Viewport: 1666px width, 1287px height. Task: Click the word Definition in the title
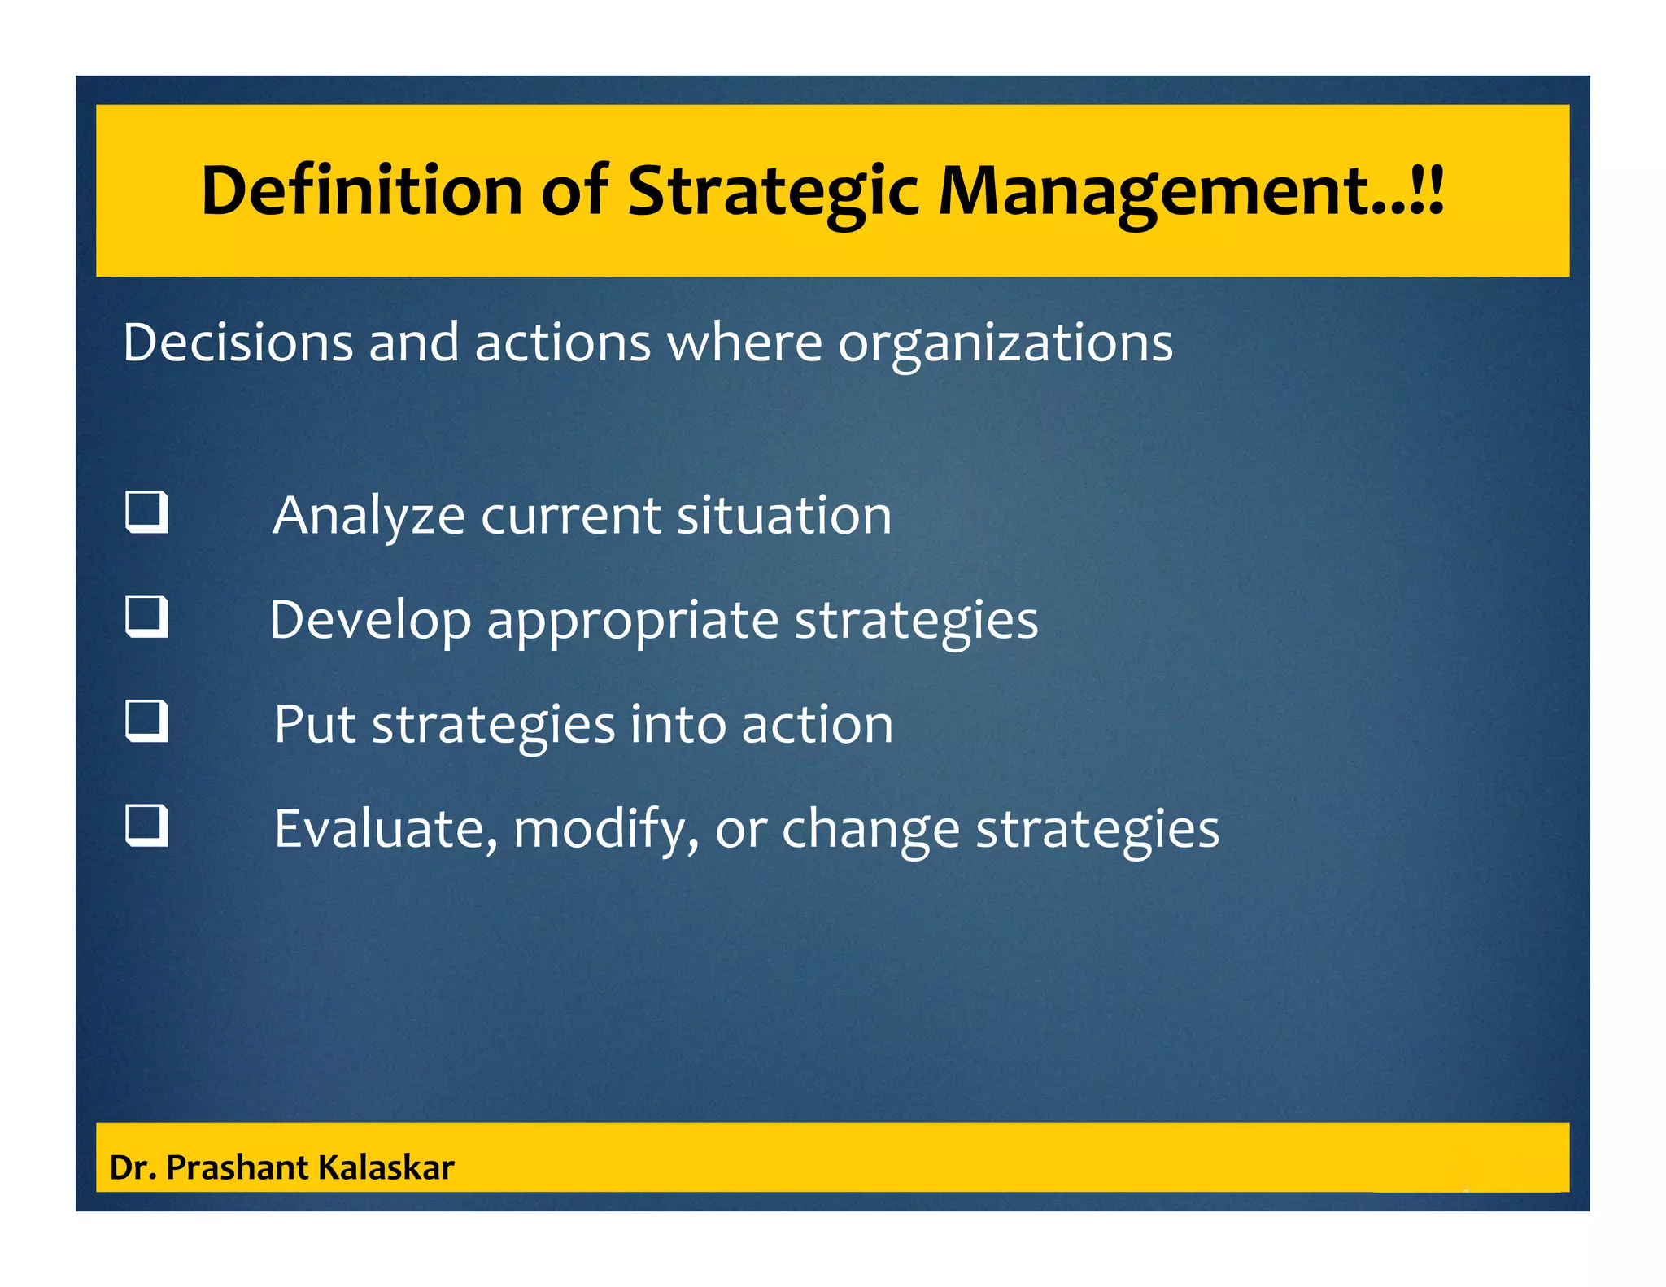click(x=361, y=190)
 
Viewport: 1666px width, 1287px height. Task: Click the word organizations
click(x=1005, y=343)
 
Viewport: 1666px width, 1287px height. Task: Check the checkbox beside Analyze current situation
click(x=147, y=512)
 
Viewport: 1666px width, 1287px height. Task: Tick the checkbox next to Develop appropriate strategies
click(x=147, y=616)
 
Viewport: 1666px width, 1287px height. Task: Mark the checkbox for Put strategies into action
click(x=147, y=721)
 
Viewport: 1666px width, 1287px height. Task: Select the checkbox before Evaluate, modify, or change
click(x=147, y=825)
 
